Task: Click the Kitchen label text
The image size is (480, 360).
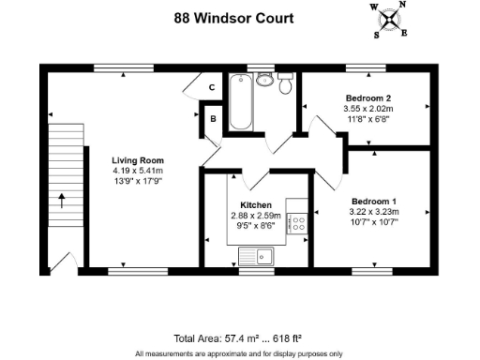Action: [x=256, y=205]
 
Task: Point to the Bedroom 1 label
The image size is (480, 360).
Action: [x=374, y=202]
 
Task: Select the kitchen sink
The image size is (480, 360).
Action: [x=254, y=255]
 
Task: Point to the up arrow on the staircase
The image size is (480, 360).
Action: [x=63, y=200]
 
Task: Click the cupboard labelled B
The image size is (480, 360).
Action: [x=214, y=119]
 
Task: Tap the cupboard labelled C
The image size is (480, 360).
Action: [x=213, y=87]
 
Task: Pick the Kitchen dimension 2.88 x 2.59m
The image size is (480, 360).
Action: [x=256, y=216]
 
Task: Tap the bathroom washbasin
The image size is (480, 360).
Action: [x=263, y=82]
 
